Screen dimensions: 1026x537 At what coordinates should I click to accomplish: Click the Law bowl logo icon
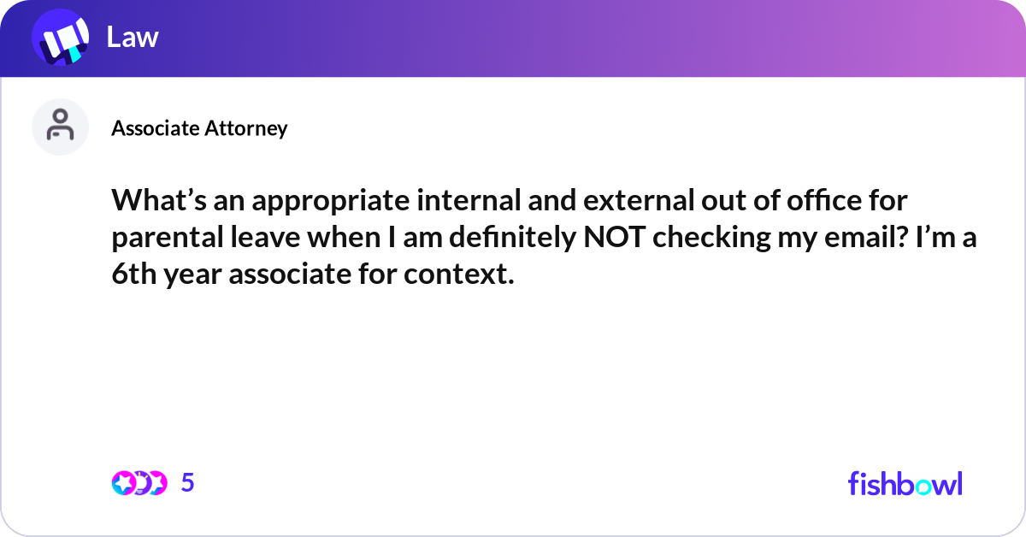[60, 37]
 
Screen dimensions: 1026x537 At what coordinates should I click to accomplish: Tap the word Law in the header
[133, 37]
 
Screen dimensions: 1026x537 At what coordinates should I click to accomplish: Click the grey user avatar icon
[60, 127]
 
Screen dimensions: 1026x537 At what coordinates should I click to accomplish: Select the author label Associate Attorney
[199, 128]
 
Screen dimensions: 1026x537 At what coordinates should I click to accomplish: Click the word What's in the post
[159, 200]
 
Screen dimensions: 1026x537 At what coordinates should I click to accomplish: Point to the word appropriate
[331, 202]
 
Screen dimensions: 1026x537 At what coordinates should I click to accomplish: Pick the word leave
[265, 237]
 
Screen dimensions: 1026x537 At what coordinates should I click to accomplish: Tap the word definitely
[512, 239]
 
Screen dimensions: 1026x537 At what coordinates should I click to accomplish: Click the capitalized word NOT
[614, 237]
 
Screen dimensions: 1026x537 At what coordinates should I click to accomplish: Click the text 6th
[133, 274]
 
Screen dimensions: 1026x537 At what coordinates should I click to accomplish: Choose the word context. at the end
[459, 274]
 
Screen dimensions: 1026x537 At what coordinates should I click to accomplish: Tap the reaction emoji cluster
[139, 483]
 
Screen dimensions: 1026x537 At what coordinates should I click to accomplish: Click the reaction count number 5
[188, 482]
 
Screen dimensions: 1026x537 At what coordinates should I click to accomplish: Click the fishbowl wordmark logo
[905, 483]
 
